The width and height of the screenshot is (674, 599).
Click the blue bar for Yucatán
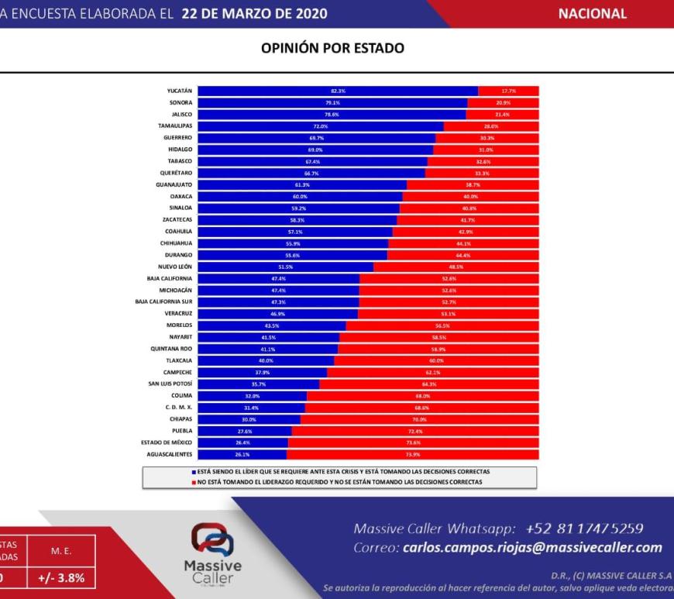[x=338, y=91]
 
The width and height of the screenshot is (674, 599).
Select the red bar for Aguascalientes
[x=413, y=454]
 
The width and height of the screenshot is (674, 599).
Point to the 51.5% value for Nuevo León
[x=286, y=267]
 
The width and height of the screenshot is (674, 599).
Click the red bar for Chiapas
[x=419, y=419]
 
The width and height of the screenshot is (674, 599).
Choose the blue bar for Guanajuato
[x=302, y=184]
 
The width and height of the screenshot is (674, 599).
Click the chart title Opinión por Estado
[x=332, y=48]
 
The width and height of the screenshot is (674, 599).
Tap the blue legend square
[x=194, y=471]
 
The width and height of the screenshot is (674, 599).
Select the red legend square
[x=194, y=482]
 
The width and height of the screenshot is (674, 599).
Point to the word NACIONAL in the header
[x=593, y=14]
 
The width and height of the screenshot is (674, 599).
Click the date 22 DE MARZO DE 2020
[x=254, y=14]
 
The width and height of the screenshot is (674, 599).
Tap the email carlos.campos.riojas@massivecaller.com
[x=532, y=548]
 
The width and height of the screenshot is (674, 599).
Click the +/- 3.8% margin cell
[x=62, y=578]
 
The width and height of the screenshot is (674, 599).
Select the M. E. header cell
[x=62, y=550]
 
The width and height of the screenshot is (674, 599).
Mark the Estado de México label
[x=166, y=442]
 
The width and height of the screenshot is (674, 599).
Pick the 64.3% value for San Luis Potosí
[x=429, y=384]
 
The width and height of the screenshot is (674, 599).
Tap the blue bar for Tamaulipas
[x=321, y=126]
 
